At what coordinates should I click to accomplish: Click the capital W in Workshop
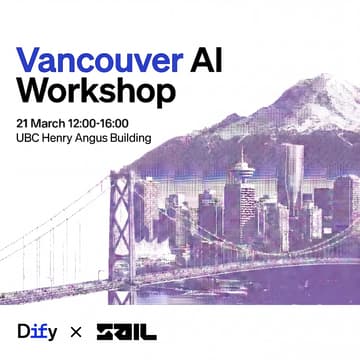point(32,91)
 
